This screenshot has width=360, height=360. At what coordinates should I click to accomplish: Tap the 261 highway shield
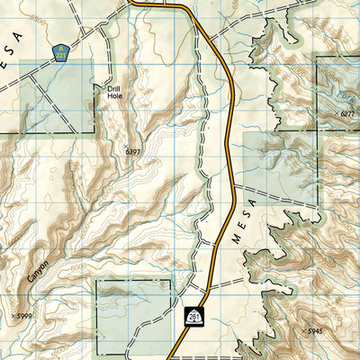(x=193, y=316)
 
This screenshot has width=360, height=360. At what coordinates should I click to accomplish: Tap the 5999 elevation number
(x=27, y=315)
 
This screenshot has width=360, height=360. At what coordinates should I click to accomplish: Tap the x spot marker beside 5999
(x=14, y=315)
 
